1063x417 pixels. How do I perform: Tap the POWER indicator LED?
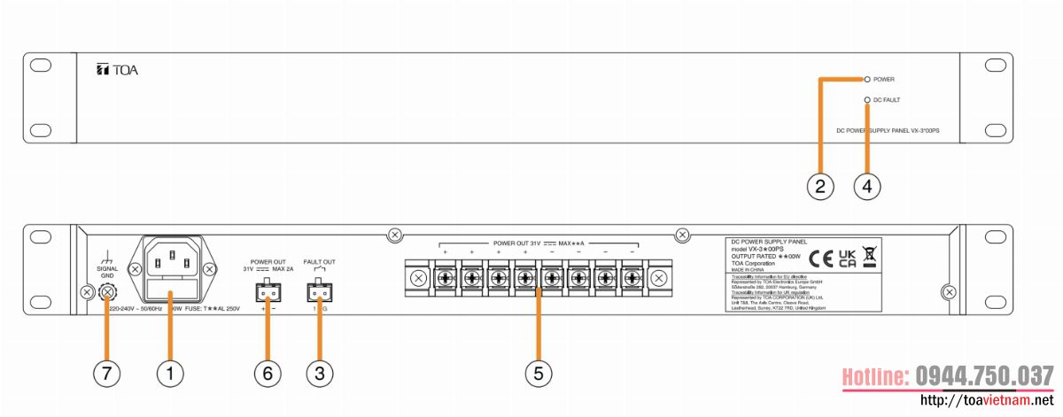867,79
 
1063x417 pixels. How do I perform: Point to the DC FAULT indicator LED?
867,100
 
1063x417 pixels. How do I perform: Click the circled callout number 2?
820,186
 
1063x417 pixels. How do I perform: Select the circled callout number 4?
867,186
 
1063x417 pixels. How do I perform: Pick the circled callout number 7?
106,374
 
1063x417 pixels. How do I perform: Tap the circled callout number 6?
267,374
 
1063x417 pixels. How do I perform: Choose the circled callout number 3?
320,374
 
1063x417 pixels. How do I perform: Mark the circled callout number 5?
538,374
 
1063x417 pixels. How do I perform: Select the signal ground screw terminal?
108,290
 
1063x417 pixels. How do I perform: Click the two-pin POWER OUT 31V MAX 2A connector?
267,290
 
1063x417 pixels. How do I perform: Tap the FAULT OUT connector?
320,290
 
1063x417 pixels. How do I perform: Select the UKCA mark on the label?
846,258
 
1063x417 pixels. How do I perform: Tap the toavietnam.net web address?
988,402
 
